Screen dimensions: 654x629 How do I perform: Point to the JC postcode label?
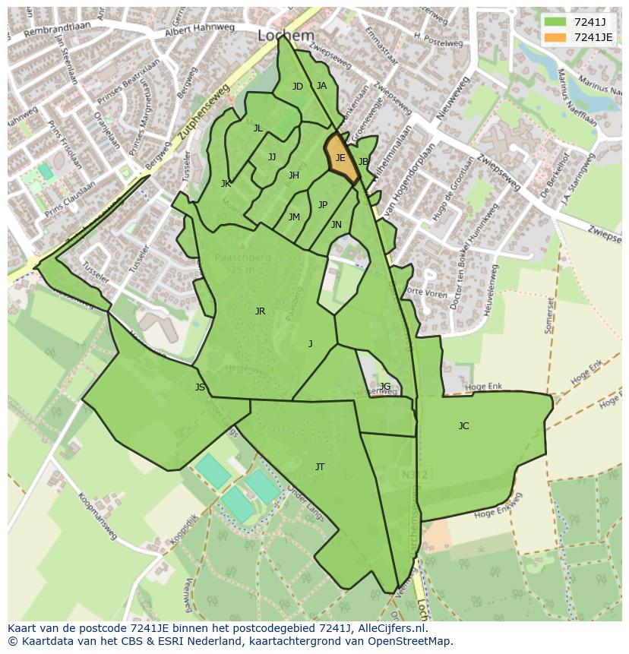(x=463, y=426)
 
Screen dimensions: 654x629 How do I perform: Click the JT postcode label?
(x=320, y=467)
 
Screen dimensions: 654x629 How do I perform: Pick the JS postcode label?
(x=200, y=387)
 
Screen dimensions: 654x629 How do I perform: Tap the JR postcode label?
(x=260, y=311)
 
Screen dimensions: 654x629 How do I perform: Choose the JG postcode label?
(x=385, y=387)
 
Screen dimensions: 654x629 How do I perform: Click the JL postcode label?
(x=258, y=128)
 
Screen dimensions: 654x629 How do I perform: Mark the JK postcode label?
(x=226, y=184)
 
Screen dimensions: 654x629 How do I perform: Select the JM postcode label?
(x=294, y=217)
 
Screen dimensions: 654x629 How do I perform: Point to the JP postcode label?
(x=323, y=205)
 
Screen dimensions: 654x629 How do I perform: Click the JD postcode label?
(x=298, y=87)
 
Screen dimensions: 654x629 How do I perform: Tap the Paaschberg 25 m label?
(x=242, y=262)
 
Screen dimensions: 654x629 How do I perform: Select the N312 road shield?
(x=414, y=475)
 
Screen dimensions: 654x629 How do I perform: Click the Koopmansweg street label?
(x=96, y=516)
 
